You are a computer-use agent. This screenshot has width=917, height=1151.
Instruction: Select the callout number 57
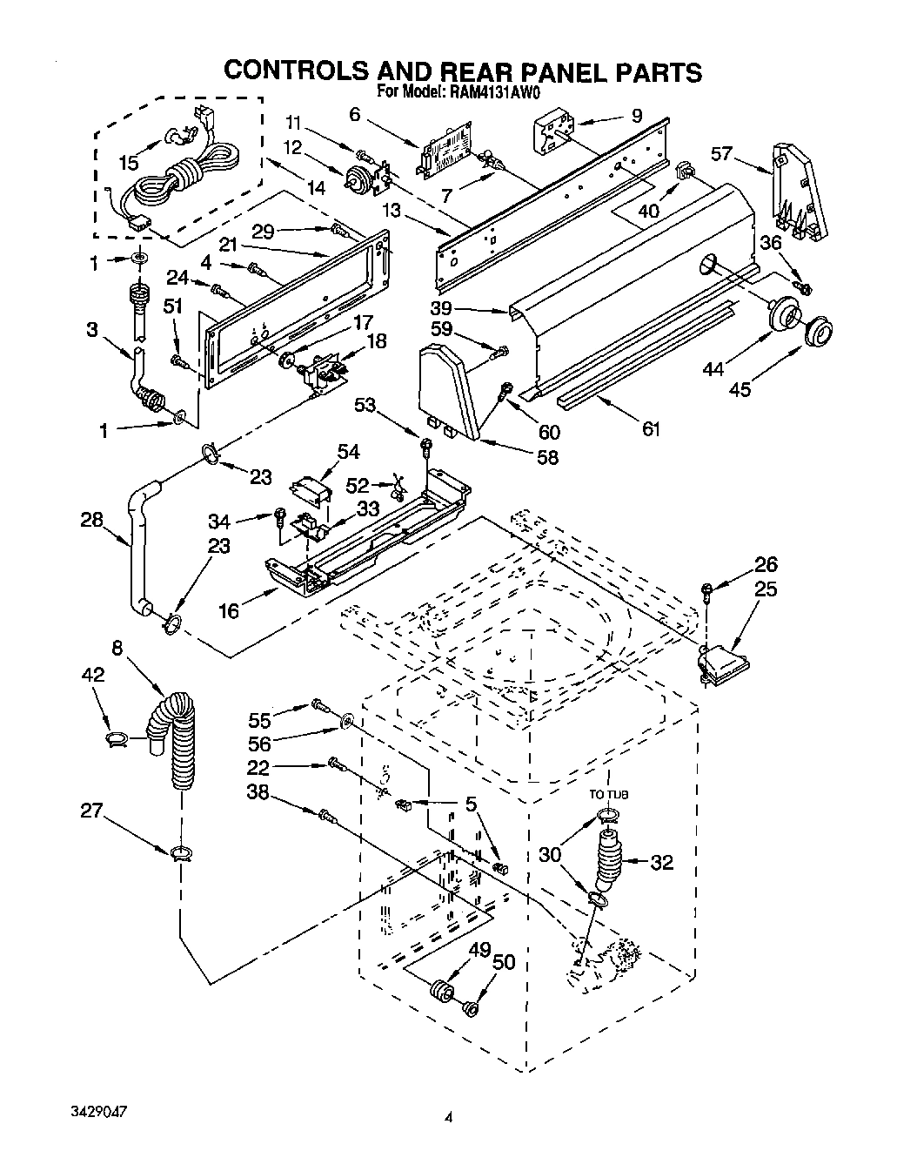pos(721,154)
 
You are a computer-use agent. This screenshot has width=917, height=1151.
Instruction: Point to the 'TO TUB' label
pos(609,794)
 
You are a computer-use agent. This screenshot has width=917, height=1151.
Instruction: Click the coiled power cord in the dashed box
pos(178,178)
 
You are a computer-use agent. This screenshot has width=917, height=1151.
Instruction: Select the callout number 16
pos(228,610)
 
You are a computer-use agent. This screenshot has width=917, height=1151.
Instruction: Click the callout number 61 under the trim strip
pos(651,428)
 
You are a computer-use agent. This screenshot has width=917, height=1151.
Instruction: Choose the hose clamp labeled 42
pos(117,739)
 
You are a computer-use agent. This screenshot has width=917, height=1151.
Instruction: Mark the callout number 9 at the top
pos(637,114)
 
